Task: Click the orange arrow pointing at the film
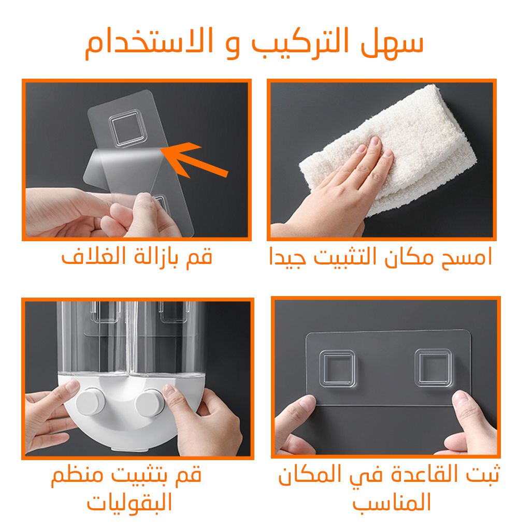click(195, 159)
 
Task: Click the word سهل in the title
click(392, 44)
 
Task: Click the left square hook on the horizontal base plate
click(337, 369)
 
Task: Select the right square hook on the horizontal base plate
click(433, 368)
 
